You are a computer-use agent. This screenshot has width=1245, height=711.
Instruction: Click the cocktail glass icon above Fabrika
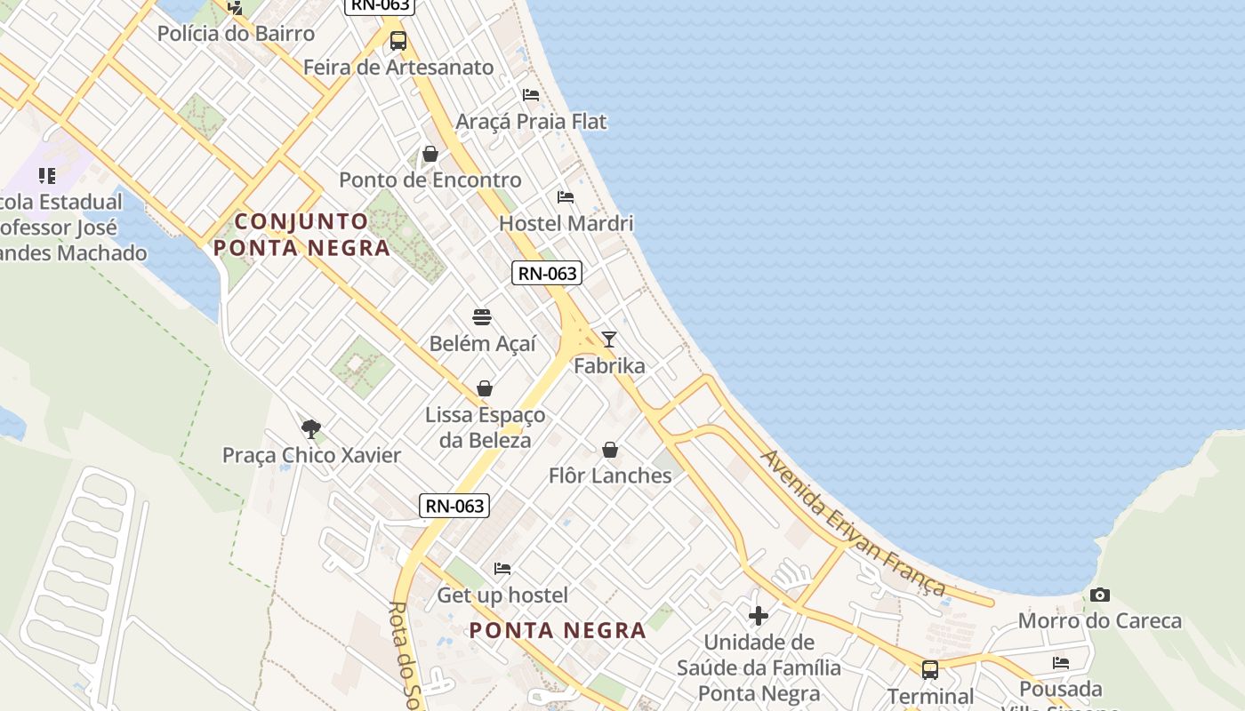pyautogui.click(x=609, y=339)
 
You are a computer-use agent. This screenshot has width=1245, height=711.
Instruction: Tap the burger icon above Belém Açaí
pyautogui.click(x=482, y=317)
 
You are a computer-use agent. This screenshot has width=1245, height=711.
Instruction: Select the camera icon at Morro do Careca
pyautogui.click(x=1100, y=595)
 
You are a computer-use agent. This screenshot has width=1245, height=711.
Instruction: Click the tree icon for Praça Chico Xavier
pyautogui.click(x=310, y=429)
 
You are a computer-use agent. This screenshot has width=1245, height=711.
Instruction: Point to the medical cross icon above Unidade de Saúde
pyautogui.click(x=759, y=615)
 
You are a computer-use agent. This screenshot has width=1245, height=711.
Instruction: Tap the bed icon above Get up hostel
pyautogui.click(x=502, y=569)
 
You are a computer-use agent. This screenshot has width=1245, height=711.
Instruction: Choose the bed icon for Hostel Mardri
pyautogui.click(x=566, y=197)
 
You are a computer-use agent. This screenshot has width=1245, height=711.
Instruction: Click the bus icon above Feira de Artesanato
pyautogui.click(x=398, y=40)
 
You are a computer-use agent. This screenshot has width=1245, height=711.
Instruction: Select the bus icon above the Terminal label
pyautogui.click(x=930, y=669)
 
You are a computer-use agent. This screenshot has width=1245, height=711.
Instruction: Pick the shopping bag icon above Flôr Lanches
pyautogui.click(x=610, y=450)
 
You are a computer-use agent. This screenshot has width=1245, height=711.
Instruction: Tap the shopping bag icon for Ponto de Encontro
pyautogui.click(x=430, y=154)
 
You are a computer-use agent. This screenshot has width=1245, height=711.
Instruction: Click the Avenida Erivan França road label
pyautogui.click(x=854, y=523)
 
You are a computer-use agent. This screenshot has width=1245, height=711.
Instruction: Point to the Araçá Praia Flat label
pyautogui.click(x=531, y=121)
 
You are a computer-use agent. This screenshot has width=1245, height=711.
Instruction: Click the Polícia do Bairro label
pyautogui.click(x=236, y=34)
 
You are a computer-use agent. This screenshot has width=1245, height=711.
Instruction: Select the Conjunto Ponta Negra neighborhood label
pyautogui.click(x=301, y=235)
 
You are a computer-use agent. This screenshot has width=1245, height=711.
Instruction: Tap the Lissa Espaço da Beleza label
pyautogui.click(x=486, y=427)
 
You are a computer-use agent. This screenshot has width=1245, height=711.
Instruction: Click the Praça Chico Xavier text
pyautogui.click(x=311, y=455)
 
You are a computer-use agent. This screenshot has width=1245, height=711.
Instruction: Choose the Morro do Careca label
pyautogui.click(x=1100, y=620)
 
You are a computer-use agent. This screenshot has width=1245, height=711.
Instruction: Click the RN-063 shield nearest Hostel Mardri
pyautogui.click(x=547, y=273)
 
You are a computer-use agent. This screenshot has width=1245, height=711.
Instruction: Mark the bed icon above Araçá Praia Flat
pyautogui.click(x=531, y=95)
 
